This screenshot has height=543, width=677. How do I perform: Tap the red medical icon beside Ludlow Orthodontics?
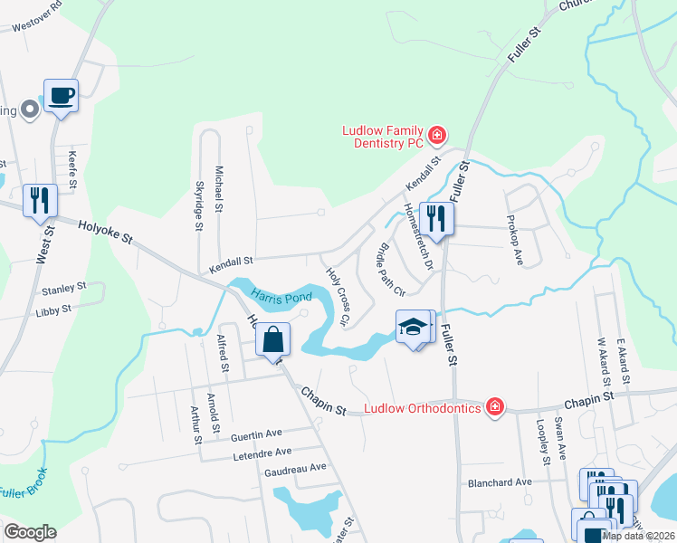pyautogui.click(x=494, y=407)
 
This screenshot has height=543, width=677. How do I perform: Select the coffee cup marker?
pyautogui.click(x=61, y=95)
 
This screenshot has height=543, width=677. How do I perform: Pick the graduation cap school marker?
pyautogui.click(x=413, y=328)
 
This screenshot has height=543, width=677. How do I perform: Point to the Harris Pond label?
pyautogui.click(x=281, y=297)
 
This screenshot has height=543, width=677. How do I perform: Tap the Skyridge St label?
pyautogui.click(x=199, y=204)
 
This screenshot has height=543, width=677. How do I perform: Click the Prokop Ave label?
pyautogui.click(x=513, y=245)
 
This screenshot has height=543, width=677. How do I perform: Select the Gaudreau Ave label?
pyautogui.click(x=294, y=468)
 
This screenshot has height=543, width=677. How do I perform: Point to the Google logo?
pyautogui.click(x=30, y=532)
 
